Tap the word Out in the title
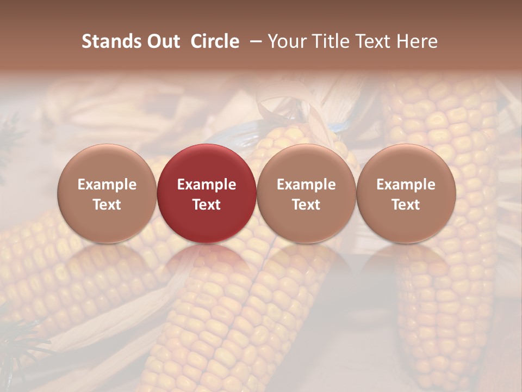[163, 41]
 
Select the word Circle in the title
[215, 41]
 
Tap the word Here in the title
[417, 41]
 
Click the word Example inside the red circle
[207, 185]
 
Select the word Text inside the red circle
[207, 205]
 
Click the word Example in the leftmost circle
[107, 185]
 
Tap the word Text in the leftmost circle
[107, 205]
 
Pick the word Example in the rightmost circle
[406, 185]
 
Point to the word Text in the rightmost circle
[406, 205]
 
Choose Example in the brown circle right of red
[306, 185]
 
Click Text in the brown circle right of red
[306, 205]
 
